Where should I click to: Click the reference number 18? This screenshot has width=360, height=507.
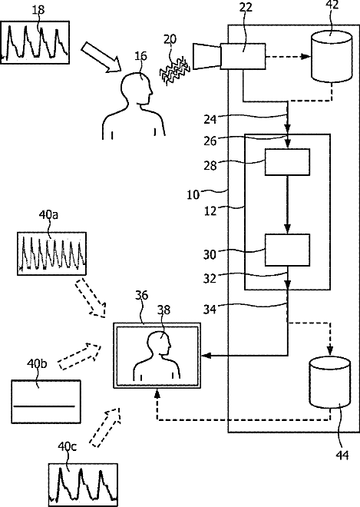(x=38, y=10)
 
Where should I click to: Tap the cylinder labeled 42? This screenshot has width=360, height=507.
(x=332, y=56)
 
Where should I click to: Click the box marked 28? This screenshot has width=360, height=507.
(x=287, y=162)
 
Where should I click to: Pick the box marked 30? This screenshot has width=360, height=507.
(x=287, y=250)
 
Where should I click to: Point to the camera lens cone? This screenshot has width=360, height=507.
(x=206, y=56)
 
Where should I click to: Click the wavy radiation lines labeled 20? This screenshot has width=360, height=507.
(x=174, y=71)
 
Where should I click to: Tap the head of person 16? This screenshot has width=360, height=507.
(x=137, y=88)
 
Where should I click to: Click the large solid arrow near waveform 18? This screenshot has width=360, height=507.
(x=101, y=57)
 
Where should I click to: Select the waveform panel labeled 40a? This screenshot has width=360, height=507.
(x=51, y=253)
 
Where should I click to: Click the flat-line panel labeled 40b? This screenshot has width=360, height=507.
(x=46, y=402)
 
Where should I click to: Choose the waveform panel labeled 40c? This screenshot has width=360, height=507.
(x=83, y=485)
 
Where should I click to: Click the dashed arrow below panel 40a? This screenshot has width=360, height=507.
(x=91, y=297)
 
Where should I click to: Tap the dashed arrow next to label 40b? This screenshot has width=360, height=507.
(x=80, y=356)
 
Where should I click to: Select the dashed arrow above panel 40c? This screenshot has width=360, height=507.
(x=105, y=427)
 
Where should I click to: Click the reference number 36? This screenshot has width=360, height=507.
(x=141, y=295)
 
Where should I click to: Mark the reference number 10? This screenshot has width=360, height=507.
(x=193, y=195)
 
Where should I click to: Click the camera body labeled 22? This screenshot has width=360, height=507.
(x=243, y=56)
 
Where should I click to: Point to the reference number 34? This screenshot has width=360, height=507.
(x=210, y=310)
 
